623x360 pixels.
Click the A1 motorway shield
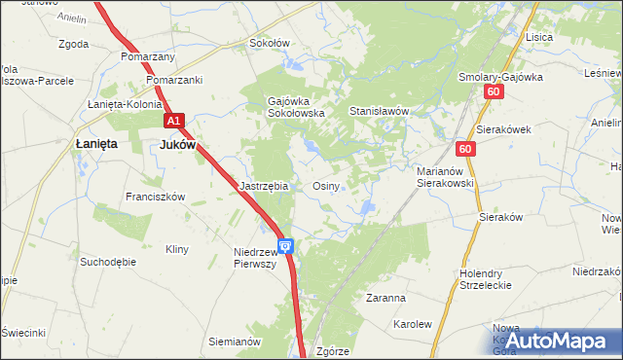tap(172, 121)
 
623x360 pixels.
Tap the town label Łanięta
tap(96, 143)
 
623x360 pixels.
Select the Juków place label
tap(177, 143)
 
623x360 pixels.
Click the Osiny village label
tap(325, 186)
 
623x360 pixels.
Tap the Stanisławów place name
tap(378, 112)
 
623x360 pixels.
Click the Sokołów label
tap(270, 43)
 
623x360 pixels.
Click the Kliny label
tap(176, 249)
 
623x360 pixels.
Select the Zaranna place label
tap(385, 298)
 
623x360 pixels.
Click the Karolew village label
tap(411, 323)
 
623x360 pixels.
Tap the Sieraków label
tap(502, 219)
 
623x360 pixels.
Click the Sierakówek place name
tap(502, 129)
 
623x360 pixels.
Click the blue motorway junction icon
tap(286, 248)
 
